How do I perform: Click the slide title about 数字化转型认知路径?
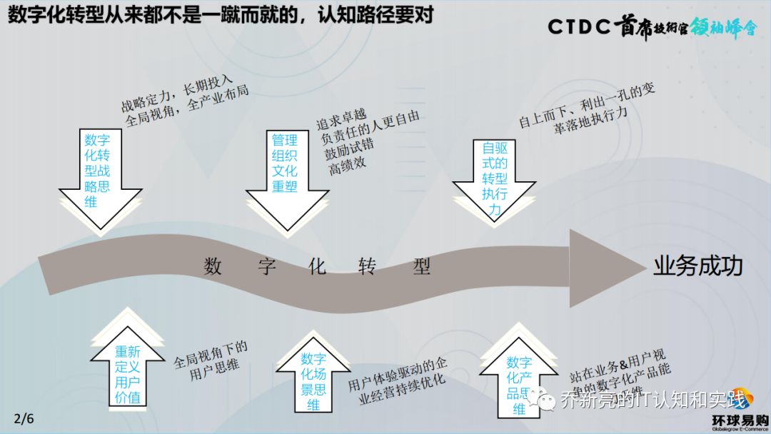click(220, 16)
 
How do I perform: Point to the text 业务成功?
click(697, 266)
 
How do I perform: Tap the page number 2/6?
click(24, 418)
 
